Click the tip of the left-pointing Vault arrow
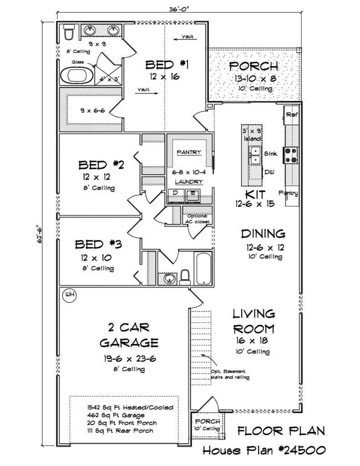(x=174, y=39)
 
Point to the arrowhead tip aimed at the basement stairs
(x=201, y=355)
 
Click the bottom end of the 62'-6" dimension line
(x=45, y=446)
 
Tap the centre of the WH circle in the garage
(x=70, y=295)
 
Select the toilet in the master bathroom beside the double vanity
(x=69, y=31)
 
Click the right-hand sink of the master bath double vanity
(x=113, y=30)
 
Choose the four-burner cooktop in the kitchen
(x=291, y=156)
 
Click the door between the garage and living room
(x=196, y=298)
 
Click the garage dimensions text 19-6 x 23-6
(x=130, y=359)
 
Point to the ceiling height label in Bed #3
(x=98, y=268)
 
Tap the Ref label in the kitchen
(x=292, y=114)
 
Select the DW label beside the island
(x=269, y=172)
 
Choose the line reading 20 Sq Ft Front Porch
(x=122, y=423)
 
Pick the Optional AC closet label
(x=198, y=219)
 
